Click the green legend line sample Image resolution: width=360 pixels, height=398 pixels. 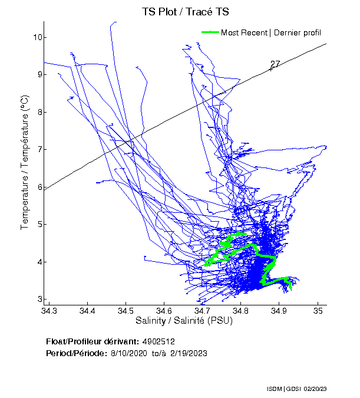click(x=210, y=32)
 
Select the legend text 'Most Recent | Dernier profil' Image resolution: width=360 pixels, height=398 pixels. click(x=270, y=32)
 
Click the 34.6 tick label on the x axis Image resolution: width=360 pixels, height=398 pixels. click(x=164, y=310)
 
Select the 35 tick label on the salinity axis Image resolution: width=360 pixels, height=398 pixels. click(x=319, y=310)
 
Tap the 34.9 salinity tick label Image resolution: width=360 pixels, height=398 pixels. click(x=280, y=310)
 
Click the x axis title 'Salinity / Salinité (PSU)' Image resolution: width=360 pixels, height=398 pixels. click(x=182, y=321)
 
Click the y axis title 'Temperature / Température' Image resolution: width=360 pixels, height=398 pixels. click(x=25, y=162)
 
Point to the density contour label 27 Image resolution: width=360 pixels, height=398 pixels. click(x=275, y=64)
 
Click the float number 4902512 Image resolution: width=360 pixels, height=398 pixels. click(x=158, y=341)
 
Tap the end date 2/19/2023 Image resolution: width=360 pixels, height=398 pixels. click(x=190, y=353)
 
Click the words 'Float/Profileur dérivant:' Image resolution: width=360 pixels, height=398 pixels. click(x=92, y=341)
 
